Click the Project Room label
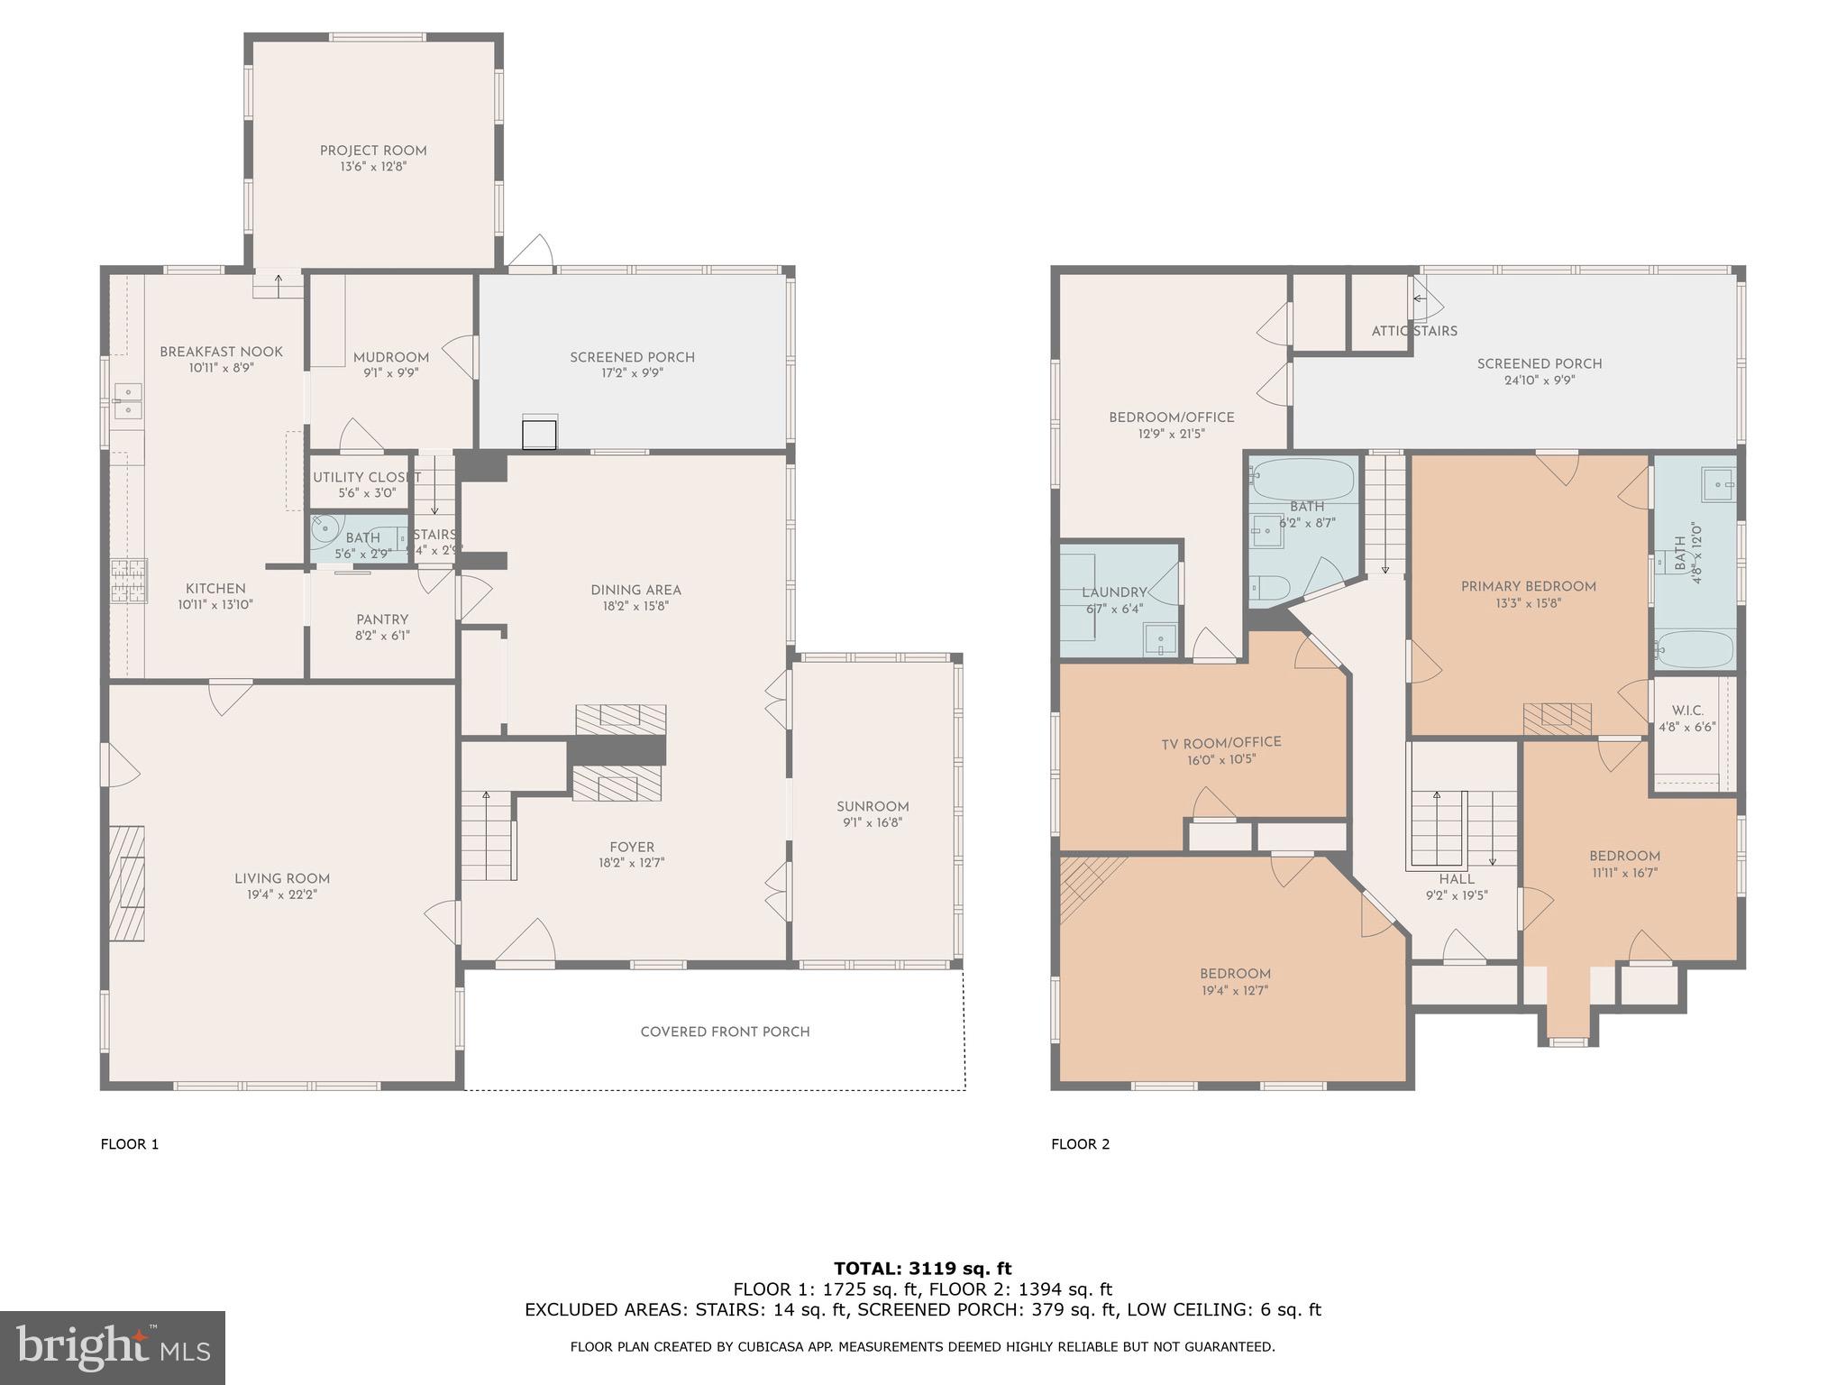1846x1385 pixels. [x=373, y=151]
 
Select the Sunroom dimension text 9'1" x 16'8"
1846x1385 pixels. [x=872, y=822]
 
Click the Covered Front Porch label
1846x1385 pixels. [x=725, y=1032]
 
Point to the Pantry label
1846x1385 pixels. [x=382, y=619]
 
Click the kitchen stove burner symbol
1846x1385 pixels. [x=129, y=581]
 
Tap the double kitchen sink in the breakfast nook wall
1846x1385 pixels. [x=128, y=400]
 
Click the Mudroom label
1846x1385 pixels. [x=390, y=357]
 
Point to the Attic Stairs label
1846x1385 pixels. [x=1413, y=331]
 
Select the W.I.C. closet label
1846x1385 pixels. [x=1686, y=711]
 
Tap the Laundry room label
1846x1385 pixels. [x=1114, y=592]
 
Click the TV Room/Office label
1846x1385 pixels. [x=1220, y=742]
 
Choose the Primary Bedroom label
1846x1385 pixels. [x=1528, y=586]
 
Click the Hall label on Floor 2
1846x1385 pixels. [x=1456, y=879]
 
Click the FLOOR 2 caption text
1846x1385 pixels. [x=1080, y=1144]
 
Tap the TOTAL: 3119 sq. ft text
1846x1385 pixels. [x=922, y=1269]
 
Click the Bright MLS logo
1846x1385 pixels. [x=113, y=1348]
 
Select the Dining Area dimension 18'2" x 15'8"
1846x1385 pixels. [x=635, y=607]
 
